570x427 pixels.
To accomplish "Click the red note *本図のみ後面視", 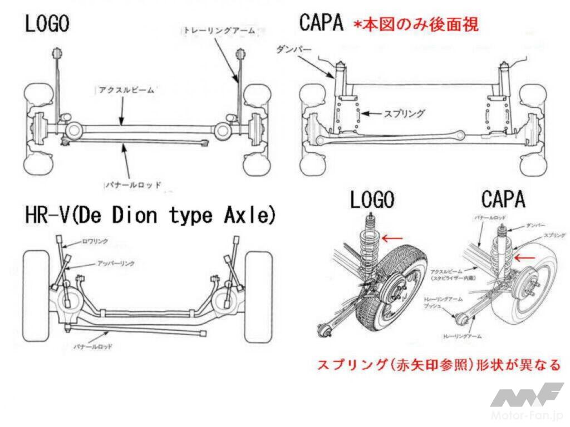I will click(x=415, y=25).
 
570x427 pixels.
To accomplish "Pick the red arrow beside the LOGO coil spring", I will click(x=393, y=238).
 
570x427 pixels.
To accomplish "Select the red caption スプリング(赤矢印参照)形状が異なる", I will click(x=438, y=365).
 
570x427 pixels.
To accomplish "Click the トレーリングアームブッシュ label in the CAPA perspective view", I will click(x=440, y=302).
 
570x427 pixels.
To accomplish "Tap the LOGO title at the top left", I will click(x=47, y=24).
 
